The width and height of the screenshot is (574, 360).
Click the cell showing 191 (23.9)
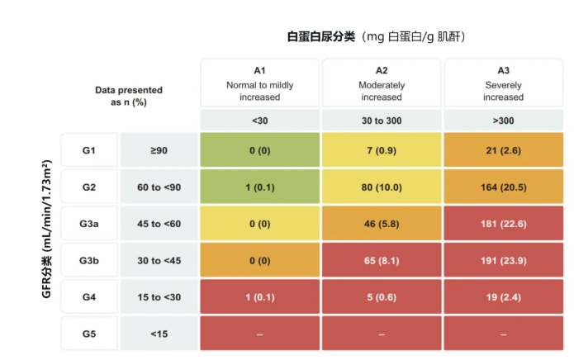[x=503, y=261]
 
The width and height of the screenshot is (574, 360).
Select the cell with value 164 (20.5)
[x=503, y=187]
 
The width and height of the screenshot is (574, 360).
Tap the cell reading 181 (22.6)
[x=503, y=224]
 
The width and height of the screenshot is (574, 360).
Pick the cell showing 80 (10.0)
[x=382, y=187]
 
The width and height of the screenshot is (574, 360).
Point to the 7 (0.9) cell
[x=382, y=150]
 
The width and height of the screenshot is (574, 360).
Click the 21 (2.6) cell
[x=503, y=150]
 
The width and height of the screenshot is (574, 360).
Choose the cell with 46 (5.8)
[x=382, y=224]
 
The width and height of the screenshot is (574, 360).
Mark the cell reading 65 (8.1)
[x=382, y=261]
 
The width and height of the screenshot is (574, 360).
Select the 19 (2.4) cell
[x=503, y=297]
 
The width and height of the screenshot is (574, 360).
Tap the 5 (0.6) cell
[x=382, y=297]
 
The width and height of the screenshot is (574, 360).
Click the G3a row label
[x=89, y=224]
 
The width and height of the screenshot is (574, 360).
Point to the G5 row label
[x=89, y=334]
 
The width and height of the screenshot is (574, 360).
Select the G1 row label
[x=89, y=150]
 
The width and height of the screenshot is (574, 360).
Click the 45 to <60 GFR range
[x=159, y=224]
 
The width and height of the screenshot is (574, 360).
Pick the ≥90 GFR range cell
[x=159, y=150]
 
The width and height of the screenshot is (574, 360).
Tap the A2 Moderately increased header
[x=382, y=83]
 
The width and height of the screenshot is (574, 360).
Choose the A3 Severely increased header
[x=503, y=83]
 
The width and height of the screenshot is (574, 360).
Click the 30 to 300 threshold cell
[x=382, y=121]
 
